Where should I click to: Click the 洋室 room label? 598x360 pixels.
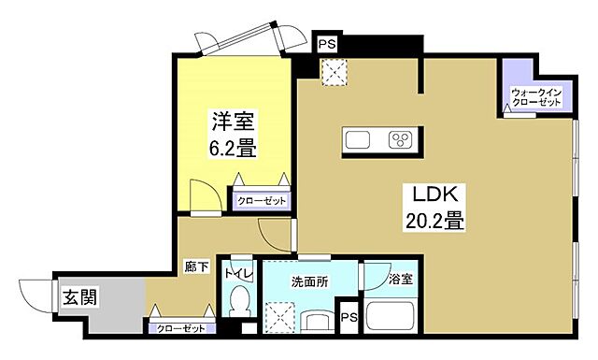click(x=233, y=122)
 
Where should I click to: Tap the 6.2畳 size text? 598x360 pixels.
click(x=233, y=147)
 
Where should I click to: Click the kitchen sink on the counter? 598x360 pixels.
click(x=359, y=140)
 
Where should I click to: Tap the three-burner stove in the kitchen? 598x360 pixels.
click(x=401, y=140)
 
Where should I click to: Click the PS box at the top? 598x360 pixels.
click(x=326, y=43)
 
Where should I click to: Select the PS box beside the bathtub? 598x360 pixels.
click(x=348, y=317)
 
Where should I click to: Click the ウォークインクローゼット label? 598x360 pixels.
click(x=535, y=96)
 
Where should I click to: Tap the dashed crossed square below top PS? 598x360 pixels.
click(x=332, y=73)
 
